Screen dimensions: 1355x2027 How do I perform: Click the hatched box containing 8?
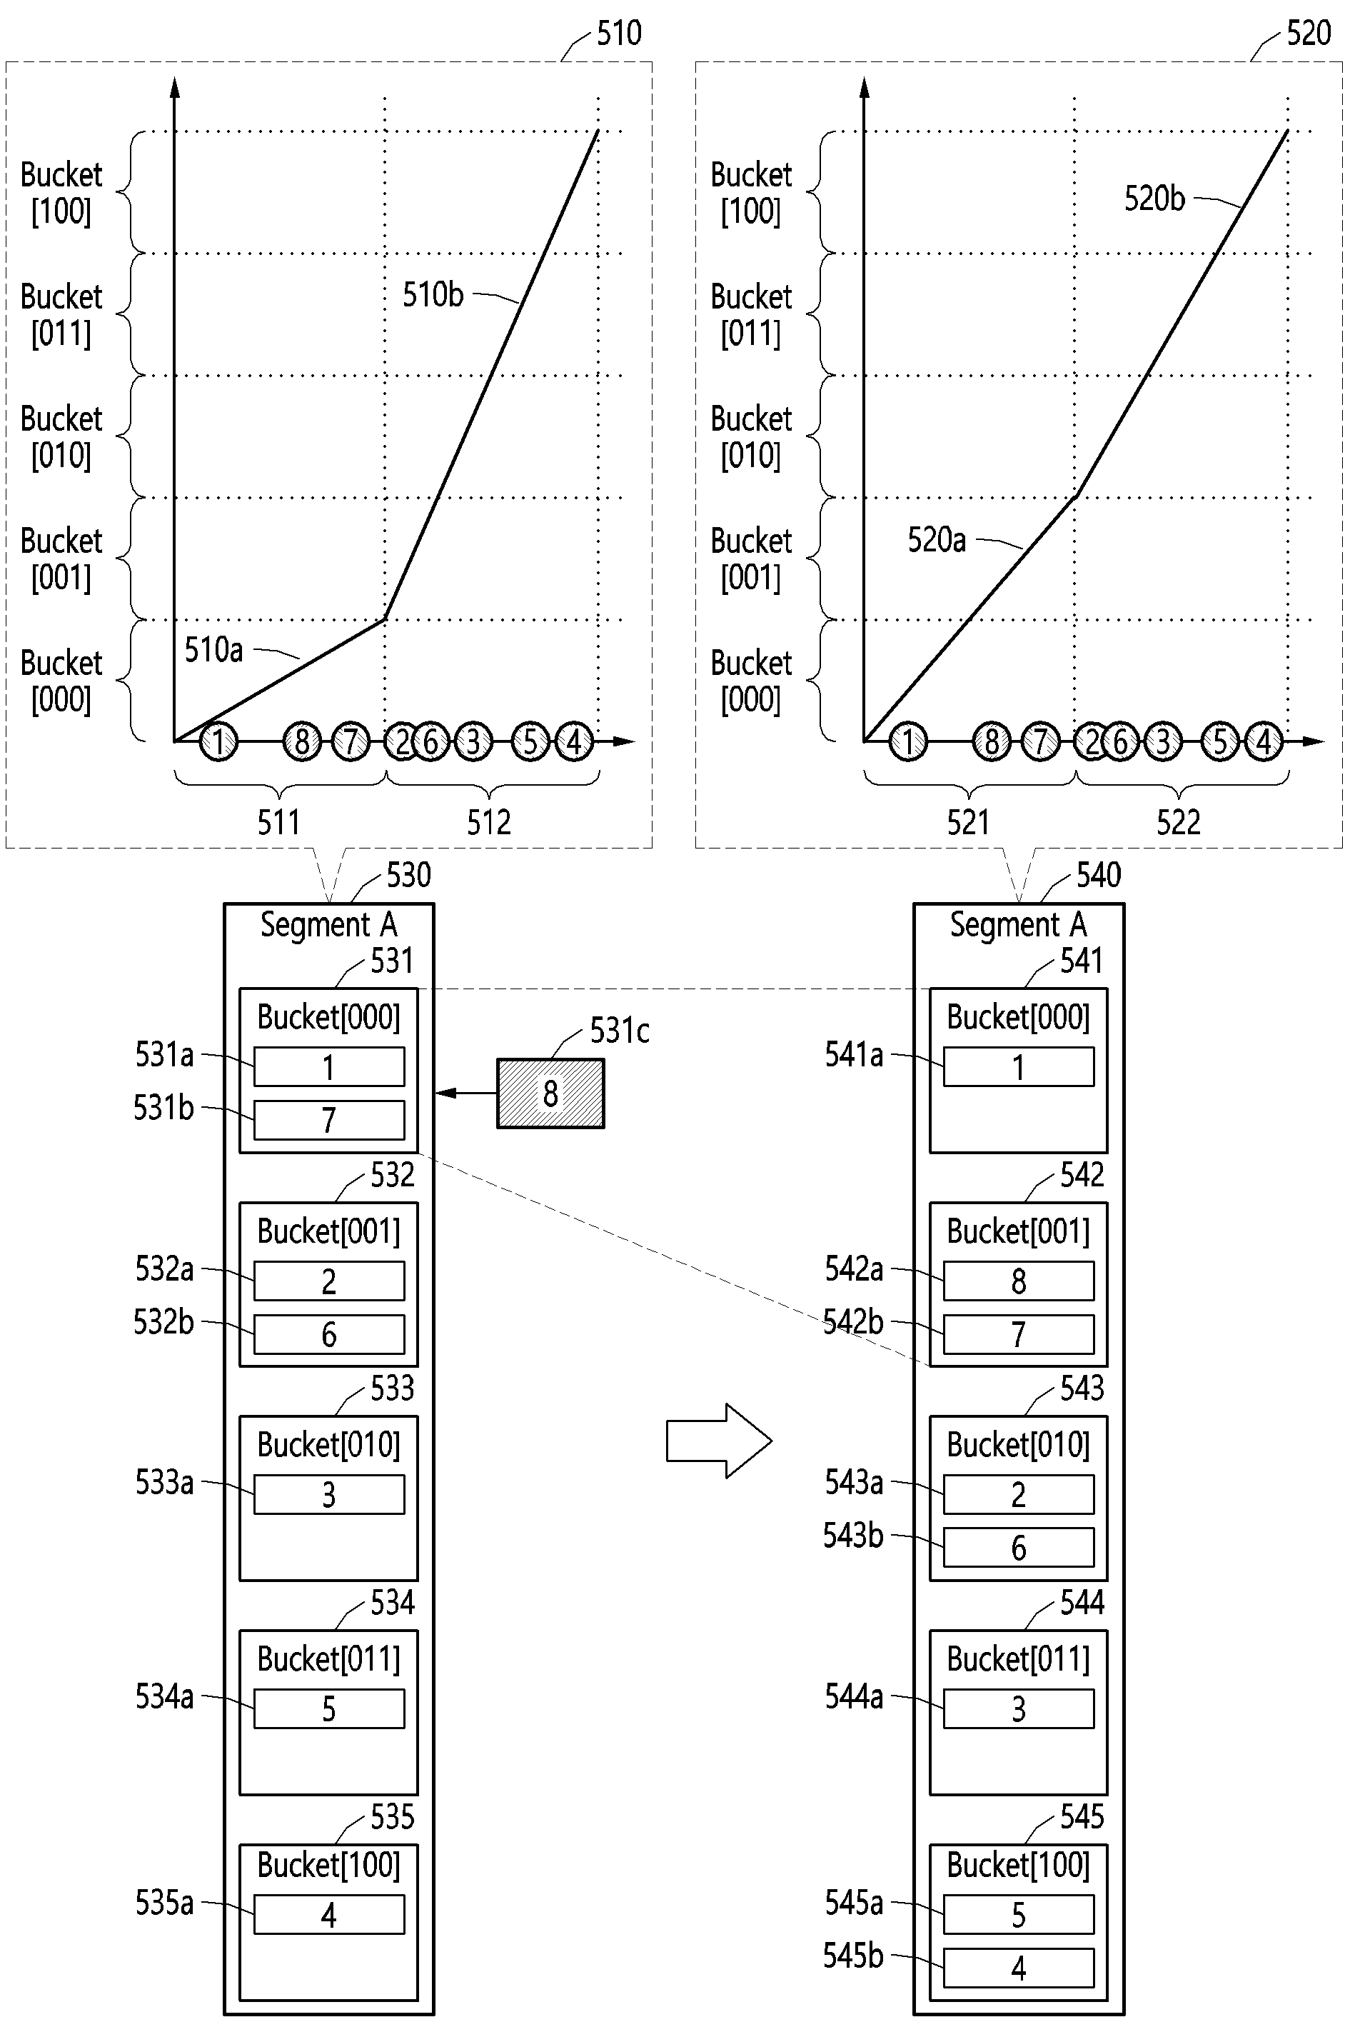550,1093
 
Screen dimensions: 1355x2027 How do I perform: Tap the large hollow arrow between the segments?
719,1441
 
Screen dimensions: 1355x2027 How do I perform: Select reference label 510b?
433,295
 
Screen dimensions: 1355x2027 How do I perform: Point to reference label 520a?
937,539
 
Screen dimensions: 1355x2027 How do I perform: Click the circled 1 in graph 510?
218,741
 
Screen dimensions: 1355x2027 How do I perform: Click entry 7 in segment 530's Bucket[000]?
329,1120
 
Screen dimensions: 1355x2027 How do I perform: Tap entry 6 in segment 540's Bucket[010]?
1019,1547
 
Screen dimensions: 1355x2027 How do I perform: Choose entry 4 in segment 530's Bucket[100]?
329,1915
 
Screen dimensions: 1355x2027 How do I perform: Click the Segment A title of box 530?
329,925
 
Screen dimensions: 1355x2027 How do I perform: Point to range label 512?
489,822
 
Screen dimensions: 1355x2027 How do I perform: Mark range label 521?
968,822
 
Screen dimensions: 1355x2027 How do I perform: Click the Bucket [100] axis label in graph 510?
61,193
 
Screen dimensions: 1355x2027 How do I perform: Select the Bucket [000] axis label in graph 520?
751,681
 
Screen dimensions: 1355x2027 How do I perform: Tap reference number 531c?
620,1031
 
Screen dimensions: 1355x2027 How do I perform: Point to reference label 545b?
853,1956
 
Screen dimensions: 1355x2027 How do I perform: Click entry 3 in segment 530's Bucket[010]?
329,1494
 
